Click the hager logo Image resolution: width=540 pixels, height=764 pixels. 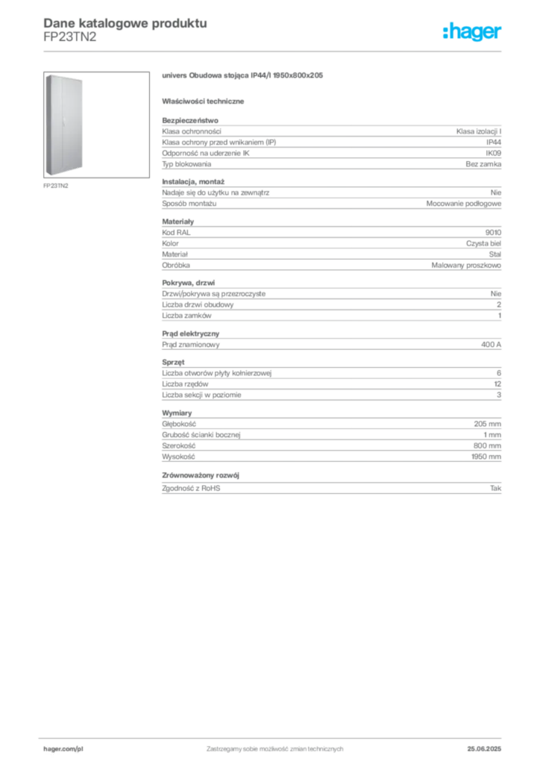click(x=472, y=31)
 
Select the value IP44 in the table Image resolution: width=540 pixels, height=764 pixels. click(x=493, y=143)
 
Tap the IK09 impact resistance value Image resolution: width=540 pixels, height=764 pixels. click(x=493, y=153)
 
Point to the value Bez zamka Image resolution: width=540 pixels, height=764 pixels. click(x=483, y=164)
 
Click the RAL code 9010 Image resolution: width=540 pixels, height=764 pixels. click(x=493, y=233)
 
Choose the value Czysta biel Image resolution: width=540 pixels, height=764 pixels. click(x=483, y=244)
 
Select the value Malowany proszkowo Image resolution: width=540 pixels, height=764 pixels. click(x=466, y=265)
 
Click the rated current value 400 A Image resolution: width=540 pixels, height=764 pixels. click(x=491, y=345)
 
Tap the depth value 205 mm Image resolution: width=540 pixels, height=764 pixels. click(x=487, y=424)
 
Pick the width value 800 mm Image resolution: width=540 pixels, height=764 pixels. click(x=487, y=446)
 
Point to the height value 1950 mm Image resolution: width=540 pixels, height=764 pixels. click(x=486, y=457)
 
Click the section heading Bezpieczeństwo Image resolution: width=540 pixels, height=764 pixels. click(x=190, y=120)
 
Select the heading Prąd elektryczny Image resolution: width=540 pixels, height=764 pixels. click(x=190, y=334)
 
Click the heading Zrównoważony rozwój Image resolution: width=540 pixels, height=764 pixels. click(x=201, y=475)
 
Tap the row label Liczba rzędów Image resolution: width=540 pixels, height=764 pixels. click(x=185, y=384)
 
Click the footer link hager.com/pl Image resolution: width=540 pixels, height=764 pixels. click(x=63, y=749)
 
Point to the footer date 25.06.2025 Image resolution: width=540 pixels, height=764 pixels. click(x=484, y=749)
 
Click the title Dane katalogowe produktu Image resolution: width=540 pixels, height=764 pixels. click(x=125, y=23)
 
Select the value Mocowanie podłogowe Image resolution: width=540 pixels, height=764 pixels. click(x=464, y=204)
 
